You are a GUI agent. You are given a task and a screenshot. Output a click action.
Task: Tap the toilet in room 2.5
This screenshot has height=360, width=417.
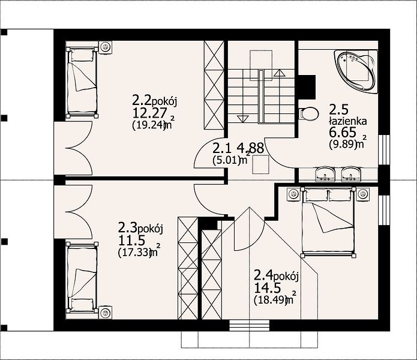coord(309,114)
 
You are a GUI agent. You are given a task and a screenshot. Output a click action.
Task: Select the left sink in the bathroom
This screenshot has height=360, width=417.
coord(325,174)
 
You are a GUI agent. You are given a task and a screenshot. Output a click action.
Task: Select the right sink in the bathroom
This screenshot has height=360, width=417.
coord(351,174)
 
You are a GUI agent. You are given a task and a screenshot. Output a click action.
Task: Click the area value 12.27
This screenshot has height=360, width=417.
coord(149,113)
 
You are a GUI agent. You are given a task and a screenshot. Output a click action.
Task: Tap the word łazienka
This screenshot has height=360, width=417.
coord(348,122)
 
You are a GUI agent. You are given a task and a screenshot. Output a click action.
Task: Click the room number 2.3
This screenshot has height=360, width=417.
coord(127,228)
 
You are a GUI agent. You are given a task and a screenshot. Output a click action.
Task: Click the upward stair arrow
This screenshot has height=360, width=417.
coord(279,73)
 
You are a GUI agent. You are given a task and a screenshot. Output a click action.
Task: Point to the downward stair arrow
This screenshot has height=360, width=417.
coord(242,119)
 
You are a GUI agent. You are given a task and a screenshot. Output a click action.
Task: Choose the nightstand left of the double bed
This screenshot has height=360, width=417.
coord(293,194)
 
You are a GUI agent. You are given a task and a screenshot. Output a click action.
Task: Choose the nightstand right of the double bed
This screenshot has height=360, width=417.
coord(363,194)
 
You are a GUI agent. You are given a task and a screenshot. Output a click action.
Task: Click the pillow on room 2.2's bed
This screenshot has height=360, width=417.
coord(82,55)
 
